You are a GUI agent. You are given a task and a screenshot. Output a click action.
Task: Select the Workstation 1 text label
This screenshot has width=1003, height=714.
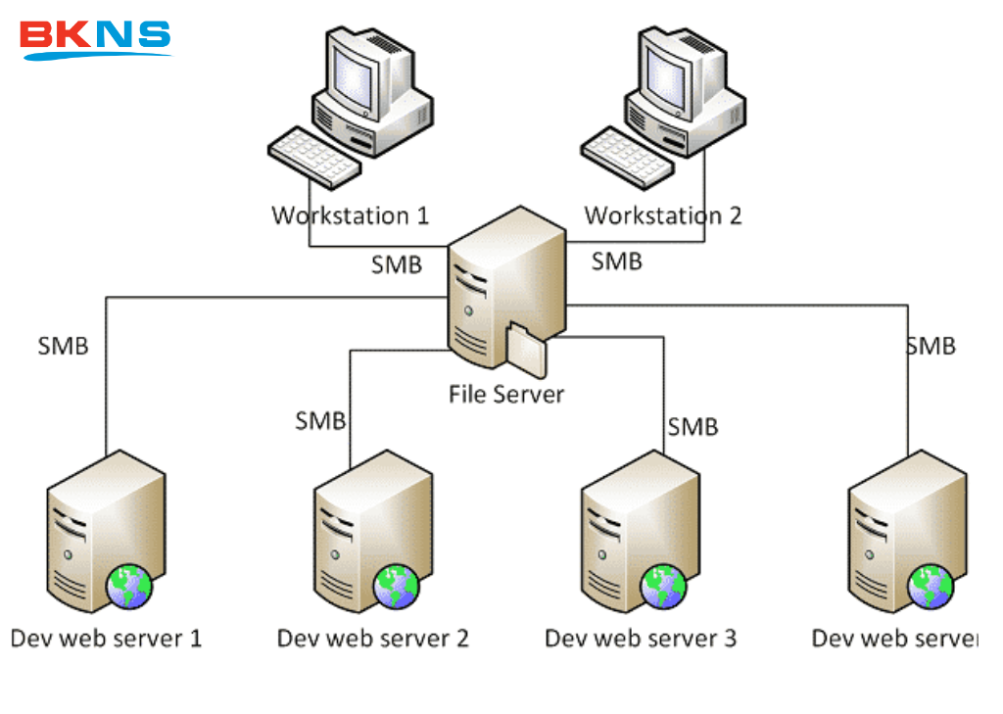click(x=350, y=215)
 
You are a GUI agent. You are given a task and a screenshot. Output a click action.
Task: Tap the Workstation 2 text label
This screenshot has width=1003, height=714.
click(x=663, y=215)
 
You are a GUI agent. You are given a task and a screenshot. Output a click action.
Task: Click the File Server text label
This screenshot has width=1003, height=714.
click(x=506, y=394)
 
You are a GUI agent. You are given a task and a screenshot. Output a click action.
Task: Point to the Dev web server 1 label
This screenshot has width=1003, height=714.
click(x=106, y=639)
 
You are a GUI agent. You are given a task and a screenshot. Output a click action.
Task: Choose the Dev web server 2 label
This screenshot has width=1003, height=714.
click(x=373, y=639)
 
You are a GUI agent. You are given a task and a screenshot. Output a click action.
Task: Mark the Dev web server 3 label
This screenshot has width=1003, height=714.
click(x=641, y=639)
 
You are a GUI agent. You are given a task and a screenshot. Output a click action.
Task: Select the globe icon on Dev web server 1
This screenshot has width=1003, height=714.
click(x=129, y=586)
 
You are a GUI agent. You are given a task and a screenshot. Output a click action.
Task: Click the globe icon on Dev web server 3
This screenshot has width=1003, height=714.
click(x=663, y=586)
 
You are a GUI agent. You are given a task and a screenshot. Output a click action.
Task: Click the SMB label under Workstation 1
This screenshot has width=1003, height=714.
click(x=397, y=264)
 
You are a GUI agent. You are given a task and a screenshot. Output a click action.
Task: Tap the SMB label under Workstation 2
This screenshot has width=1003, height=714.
click(x=617, y=262)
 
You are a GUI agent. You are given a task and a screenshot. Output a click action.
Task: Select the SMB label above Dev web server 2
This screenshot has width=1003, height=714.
click(x=320, y=421)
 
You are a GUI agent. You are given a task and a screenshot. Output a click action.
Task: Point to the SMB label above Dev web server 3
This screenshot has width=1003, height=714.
click(x=693, y=427)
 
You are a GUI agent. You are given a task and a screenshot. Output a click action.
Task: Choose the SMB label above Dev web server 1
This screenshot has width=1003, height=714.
click(x=64, y=346)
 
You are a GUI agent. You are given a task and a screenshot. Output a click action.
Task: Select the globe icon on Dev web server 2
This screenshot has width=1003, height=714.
click(x=396, y=586)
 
